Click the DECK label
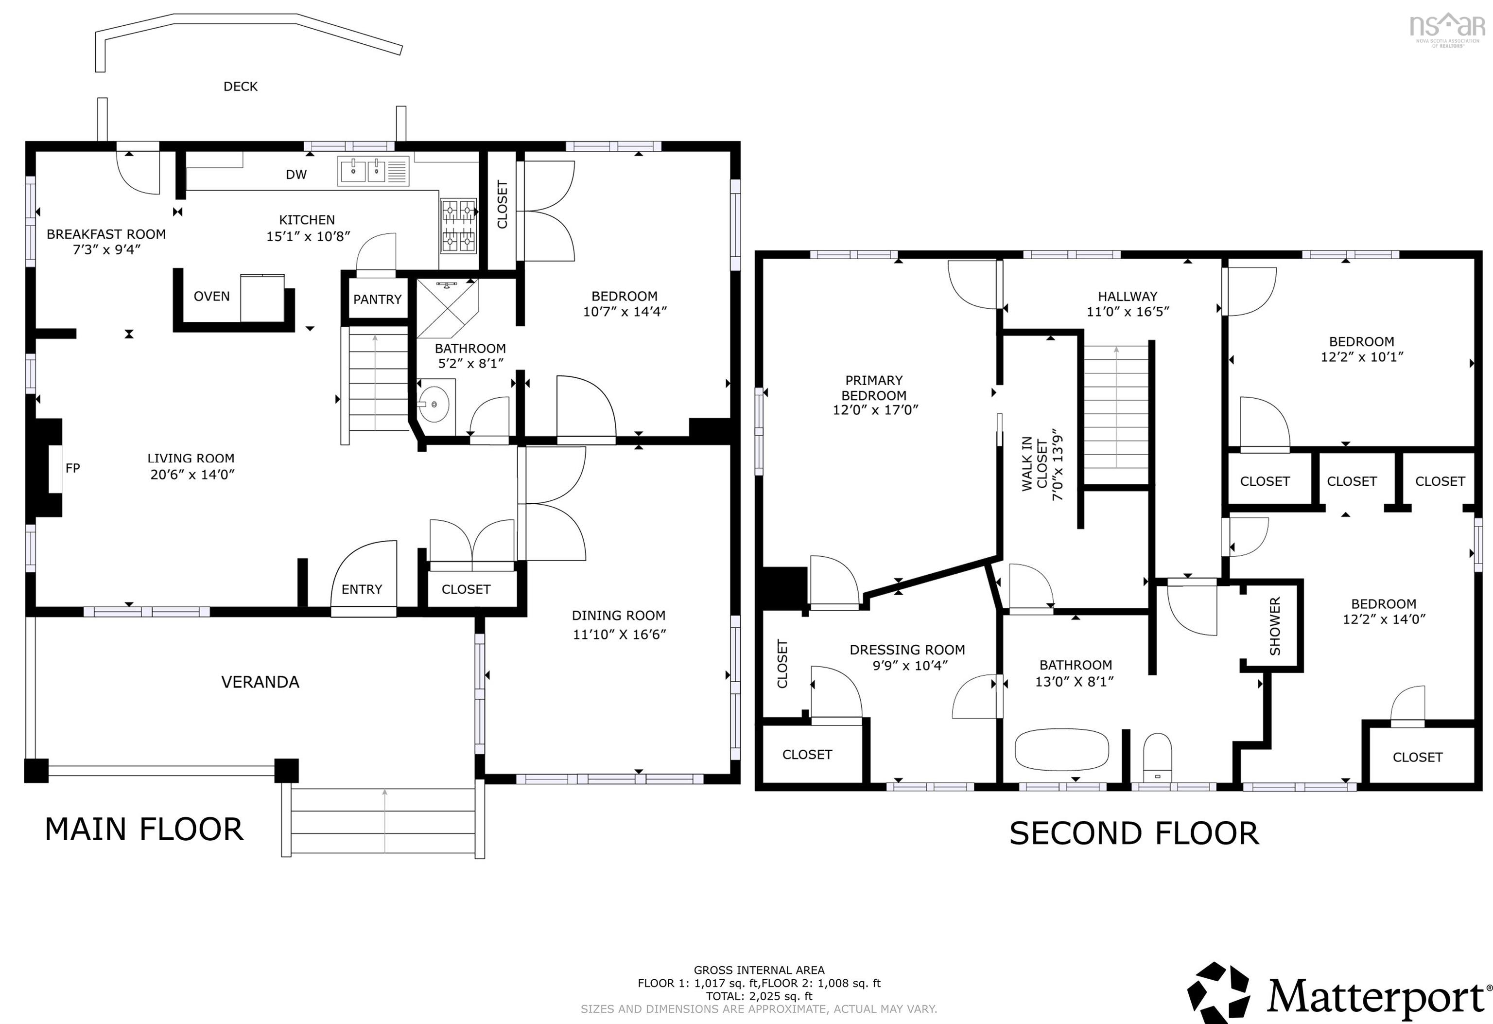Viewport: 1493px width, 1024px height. [x=240, y=86]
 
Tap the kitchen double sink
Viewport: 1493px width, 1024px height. [x=373, y=172]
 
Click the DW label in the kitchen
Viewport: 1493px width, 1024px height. [x=296, y=174]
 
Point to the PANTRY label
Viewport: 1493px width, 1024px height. [x=377, y=299]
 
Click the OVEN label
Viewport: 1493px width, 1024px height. [x=211, y=296]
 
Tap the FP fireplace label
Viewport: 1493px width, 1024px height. [x=72, y=468]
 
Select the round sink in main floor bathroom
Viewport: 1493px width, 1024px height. [x=434, y=404]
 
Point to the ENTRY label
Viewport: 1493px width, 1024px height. [x=362, y=589]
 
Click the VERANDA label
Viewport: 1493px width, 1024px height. [x=260, y=682]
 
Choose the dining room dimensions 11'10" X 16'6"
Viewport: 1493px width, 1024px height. [x=619, y=635]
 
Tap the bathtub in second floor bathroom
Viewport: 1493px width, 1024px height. [x=1062, y=749]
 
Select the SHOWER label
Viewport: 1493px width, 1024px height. [x=1275, y=626]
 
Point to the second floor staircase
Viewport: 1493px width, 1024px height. [x=1116, y=414]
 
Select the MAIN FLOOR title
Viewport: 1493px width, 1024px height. [x=144, y=829]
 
